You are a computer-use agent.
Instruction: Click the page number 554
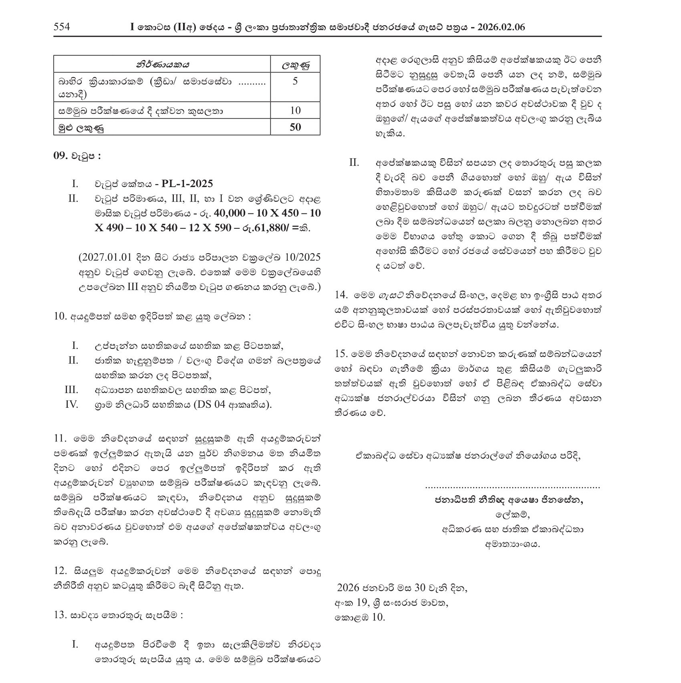pyautogui.click(x=62, y=27)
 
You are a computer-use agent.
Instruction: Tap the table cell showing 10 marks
pyautogui.click(x=295, y=111)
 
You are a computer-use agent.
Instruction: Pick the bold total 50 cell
pyautogui.click(x=295, y=127)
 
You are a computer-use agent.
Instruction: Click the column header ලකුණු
pyautogui.click(x=295, y=64)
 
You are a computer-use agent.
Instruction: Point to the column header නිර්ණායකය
pyautogui.click(x=162, y=64)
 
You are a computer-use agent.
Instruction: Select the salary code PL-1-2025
pyautogui.click(x=187, y=184)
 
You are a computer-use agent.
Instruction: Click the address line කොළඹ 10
pyautogui.click(x=360, y=617)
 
